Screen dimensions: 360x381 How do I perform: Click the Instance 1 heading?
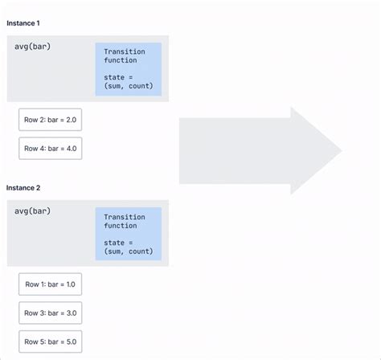[23, 23]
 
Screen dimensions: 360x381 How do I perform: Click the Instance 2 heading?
[23, 187]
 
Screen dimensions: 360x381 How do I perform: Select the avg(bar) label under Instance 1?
[33, 47]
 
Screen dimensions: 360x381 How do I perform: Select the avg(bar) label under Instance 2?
[33, 211]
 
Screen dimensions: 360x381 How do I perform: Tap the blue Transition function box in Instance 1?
[128, 69]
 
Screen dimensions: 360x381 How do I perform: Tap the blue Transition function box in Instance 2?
[128, 234]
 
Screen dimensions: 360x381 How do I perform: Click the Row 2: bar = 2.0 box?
[50, 119]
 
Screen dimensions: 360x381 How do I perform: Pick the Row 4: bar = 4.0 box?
[50, 148]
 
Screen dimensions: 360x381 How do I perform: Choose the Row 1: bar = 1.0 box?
[50, 284]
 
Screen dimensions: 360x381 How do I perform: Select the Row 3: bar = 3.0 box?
[50, 313]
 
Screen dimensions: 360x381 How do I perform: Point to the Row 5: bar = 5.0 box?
[50, 342]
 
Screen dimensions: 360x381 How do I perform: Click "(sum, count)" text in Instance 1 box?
[128, 87]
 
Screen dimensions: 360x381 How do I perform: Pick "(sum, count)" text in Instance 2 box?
[128, 252]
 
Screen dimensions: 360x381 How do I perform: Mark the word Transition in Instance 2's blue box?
[125, 217]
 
